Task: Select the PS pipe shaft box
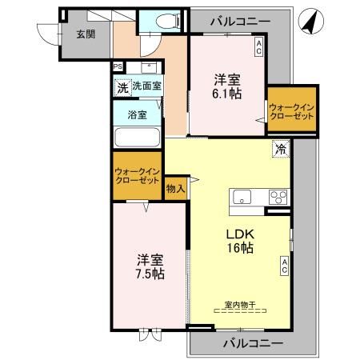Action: tap(117, 67)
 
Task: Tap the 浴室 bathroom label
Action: tap(137, 114)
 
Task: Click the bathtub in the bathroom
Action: tap(137, 136)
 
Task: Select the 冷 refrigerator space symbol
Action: tap(281, 148)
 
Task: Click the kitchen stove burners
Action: tap(277, 198)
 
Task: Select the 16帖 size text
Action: tap(239, 249)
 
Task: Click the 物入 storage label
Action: tap(176, 189)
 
